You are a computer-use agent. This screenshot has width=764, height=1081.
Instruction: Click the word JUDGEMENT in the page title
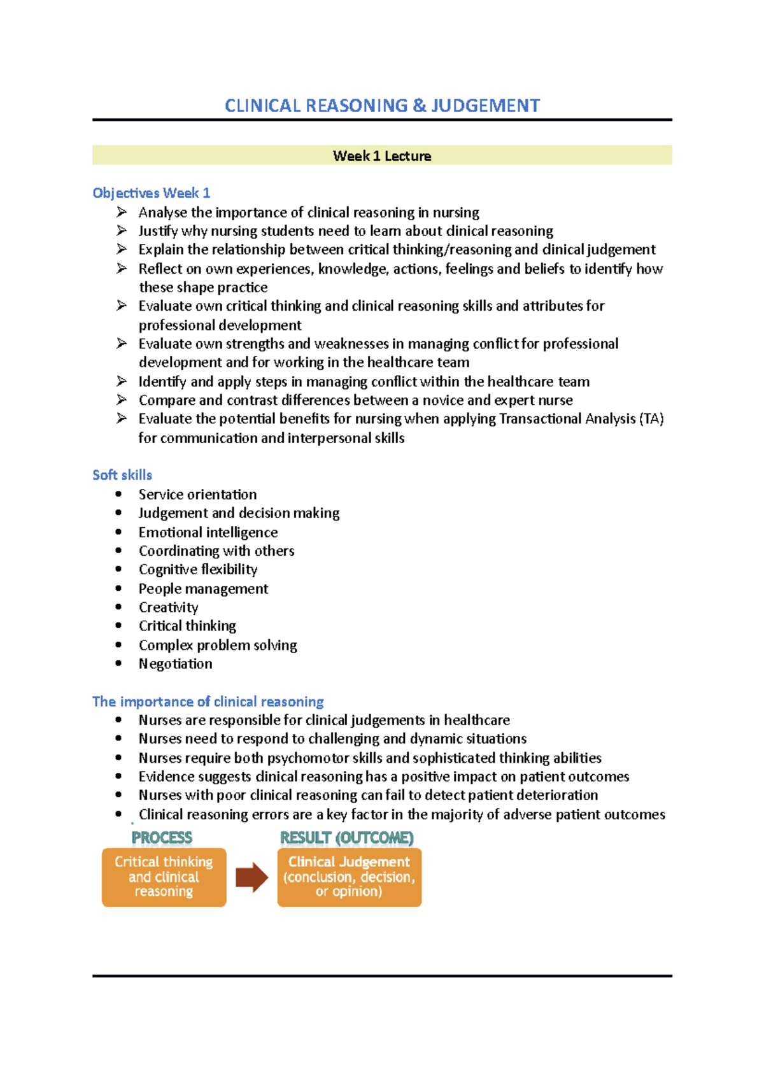pyautogui.click(x=485, y=106)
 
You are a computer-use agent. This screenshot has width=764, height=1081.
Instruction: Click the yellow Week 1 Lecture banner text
pyautogui.click(x=382, y=156)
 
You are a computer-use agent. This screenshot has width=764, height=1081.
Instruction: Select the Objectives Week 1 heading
pyautogui.click(x=151, y=193)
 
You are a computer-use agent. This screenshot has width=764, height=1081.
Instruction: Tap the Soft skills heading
pyautogui.click(x=122, y=475)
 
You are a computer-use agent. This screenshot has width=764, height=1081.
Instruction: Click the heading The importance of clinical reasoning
pyautogui.click(x=208, y=702)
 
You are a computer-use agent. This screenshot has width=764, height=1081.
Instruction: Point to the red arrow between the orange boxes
pyautogui.click(x=251, y=878)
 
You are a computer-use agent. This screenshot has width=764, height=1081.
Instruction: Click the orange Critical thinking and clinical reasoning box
pyautogui.click(x=164, y=877)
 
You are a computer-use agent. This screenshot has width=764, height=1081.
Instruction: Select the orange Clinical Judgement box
pyautogui.click(x=349, y=877)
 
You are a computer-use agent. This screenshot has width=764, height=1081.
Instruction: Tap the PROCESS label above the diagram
pyautogui.click(x=162, y=838)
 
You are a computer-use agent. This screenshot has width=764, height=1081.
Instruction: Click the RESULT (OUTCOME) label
pyautogui.click(x=347, y=838)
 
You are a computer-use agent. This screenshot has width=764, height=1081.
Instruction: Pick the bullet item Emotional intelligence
pyautogui.click(x=208, y=532)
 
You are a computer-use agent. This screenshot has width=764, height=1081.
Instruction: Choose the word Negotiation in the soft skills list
pyautogui.click(x=176, y=664)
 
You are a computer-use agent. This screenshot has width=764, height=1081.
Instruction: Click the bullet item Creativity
pyautogui.click(x=169, y=607)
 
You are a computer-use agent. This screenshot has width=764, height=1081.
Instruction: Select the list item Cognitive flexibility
pyautogui.click(x=198, y=570)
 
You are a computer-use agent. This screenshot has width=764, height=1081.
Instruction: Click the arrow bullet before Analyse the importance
pyautogui.click(x=122, y=212)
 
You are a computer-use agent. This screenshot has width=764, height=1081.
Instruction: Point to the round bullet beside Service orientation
pyautogui.click(x=118, y=494)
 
